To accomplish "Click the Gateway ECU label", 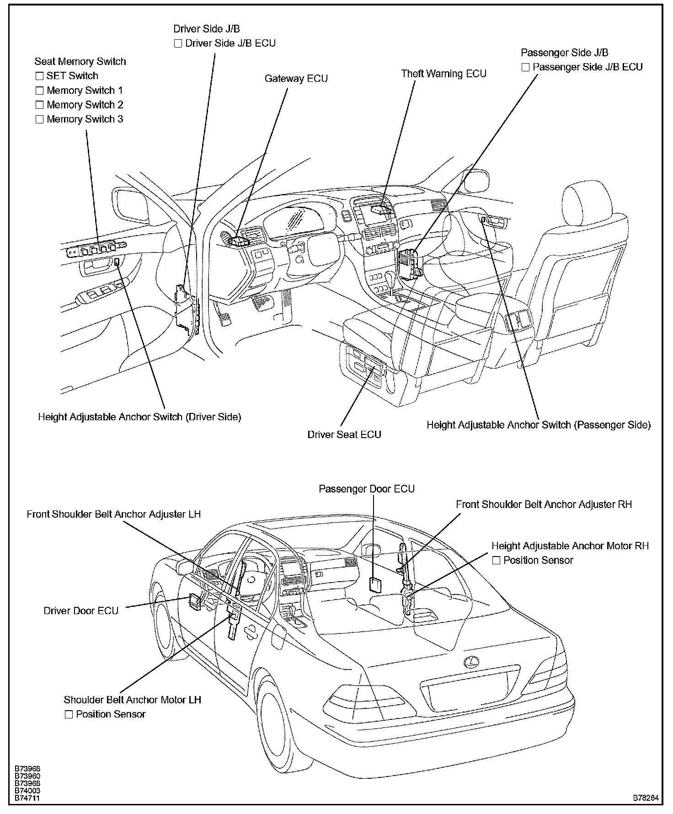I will [296, 79].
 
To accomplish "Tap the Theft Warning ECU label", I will [443, 74].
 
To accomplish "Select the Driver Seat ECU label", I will [344, 434].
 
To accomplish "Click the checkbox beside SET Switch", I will [40, 76].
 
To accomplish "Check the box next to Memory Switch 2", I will [40, 105].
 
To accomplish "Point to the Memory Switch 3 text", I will [85, 119].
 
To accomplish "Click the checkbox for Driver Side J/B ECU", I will [178, 44].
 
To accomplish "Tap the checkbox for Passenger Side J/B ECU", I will [526, 67].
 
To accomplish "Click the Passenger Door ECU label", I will [367, 489].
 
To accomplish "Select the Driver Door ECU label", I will [81, 611].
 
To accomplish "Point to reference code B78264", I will [646, 798].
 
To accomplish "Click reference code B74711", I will [27, 798].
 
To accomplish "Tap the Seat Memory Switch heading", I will [80, 62].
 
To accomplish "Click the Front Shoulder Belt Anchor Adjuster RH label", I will [544, 504].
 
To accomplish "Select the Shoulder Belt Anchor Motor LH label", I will [132, 700].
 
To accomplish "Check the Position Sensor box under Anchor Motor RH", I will [497, 560].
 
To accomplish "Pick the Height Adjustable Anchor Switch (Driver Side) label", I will [139, 417].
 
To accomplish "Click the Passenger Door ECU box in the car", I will [375, 585].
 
